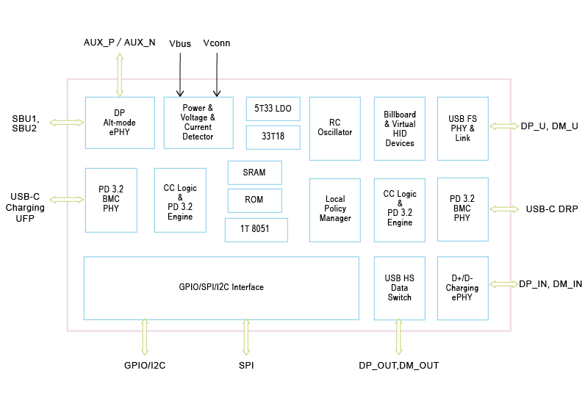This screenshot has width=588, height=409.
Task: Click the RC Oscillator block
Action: (334, 128)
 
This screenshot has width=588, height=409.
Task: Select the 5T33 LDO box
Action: (273, 109)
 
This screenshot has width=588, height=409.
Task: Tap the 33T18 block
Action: (273, 137)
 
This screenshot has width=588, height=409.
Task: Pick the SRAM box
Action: (254, 173)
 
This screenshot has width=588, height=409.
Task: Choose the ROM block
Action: (254, 200)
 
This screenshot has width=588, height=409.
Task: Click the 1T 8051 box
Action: (256, 229)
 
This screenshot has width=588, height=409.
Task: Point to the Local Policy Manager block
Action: (334, 209)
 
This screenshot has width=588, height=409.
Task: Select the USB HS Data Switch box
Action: (399, 288)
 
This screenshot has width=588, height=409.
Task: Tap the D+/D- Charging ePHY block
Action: (462, 288)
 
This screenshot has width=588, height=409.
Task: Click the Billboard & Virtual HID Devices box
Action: (399, 129)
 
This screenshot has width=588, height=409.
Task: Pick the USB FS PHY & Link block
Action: (462, 129)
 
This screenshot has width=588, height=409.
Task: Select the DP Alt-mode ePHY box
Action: (120, 123)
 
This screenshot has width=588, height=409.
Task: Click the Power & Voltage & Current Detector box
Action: (198, 123)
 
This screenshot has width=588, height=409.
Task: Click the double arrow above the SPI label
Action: (245, 337)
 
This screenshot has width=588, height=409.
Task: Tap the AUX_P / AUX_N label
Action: (120, 42)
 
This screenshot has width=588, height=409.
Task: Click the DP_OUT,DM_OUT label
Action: (398, 365)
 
